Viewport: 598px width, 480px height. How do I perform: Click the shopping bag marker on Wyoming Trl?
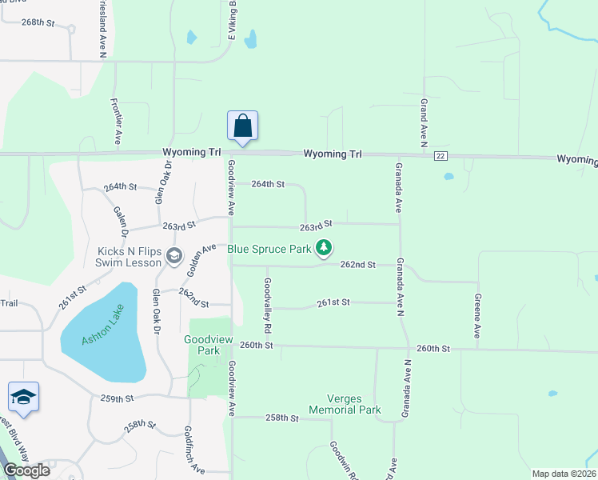pyautogui.click(x=243, y=127)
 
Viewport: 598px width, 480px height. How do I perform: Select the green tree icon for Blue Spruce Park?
pyautogui.click(x=324, y=249)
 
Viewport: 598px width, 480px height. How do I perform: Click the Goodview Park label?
pyautogui.click(x=201, y=345)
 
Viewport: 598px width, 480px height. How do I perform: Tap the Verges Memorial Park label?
pyautogui.click(x=354, y=404)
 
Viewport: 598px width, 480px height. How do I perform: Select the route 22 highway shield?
pyautogui.click(x=441, y=155)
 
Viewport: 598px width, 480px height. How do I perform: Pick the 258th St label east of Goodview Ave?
pyautogui.click(x=281, y=418)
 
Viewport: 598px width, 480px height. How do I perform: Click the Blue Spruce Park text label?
pyautogui.click(x=269, y=249)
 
